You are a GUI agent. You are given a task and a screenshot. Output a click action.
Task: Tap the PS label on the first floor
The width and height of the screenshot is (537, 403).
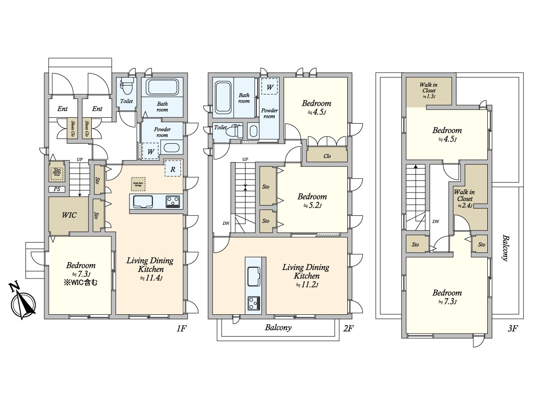(x=58, y=189)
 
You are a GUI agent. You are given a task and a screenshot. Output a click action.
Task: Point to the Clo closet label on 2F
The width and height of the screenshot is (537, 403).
(x=327, y=156)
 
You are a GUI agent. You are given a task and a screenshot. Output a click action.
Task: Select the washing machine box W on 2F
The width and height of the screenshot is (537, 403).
(x=270, y=86)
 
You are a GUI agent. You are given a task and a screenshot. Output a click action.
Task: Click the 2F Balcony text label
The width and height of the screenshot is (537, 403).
(x=278, y=327)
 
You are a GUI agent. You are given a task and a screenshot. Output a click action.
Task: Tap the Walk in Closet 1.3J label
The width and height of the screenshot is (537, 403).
(x=427, y=90)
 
